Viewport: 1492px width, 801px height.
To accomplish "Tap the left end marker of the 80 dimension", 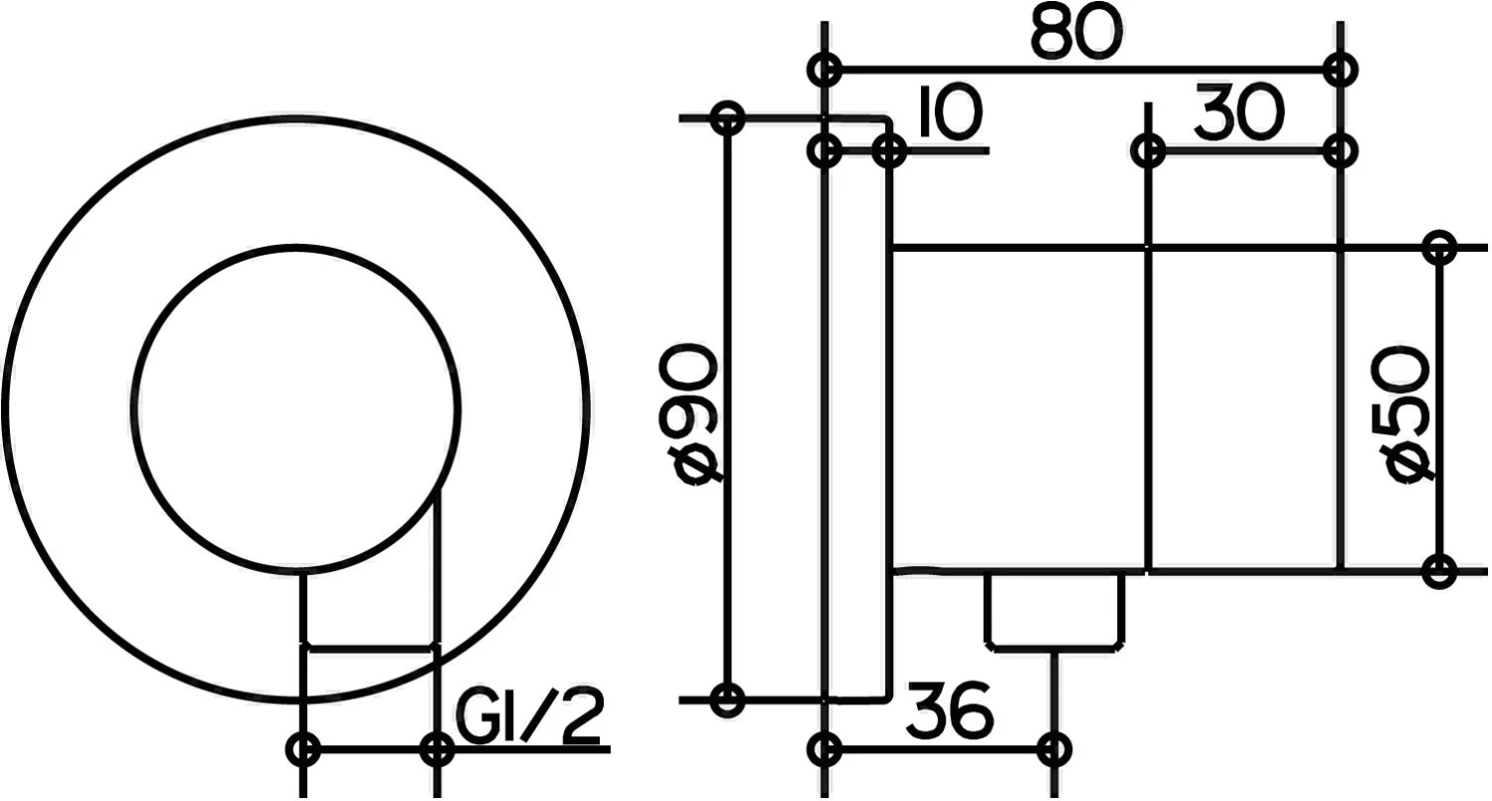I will tap(825, 70).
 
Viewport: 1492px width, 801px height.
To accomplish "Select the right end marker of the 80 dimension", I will tap(1341, 70).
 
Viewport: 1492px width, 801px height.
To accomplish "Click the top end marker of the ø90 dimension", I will tap(728, 117).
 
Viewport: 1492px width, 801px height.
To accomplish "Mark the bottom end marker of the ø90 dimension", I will tap(728, 700).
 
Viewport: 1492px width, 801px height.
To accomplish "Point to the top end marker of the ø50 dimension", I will tap(1438, 246).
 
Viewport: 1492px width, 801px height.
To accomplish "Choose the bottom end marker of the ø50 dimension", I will tap(1438, 571).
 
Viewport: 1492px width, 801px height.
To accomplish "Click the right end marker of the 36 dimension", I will tap(1054, 747).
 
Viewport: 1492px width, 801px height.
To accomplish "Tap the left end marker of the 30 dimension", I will tap(1149, 151).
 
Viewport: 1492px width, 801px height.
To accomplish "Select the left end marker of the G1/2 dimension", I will tap(303, 748).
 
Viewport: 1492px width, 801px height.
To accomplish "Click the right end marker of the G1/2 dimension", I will tap(436, 748).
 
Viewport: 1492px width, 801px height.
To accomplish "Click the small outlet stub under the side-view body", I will tap(1055, 610).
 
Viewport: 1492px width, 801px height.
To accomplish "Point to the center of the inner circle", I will tap(295, 408).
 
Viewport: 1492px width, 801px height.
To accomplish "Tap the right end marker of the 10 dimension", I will tap(888, 151).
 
